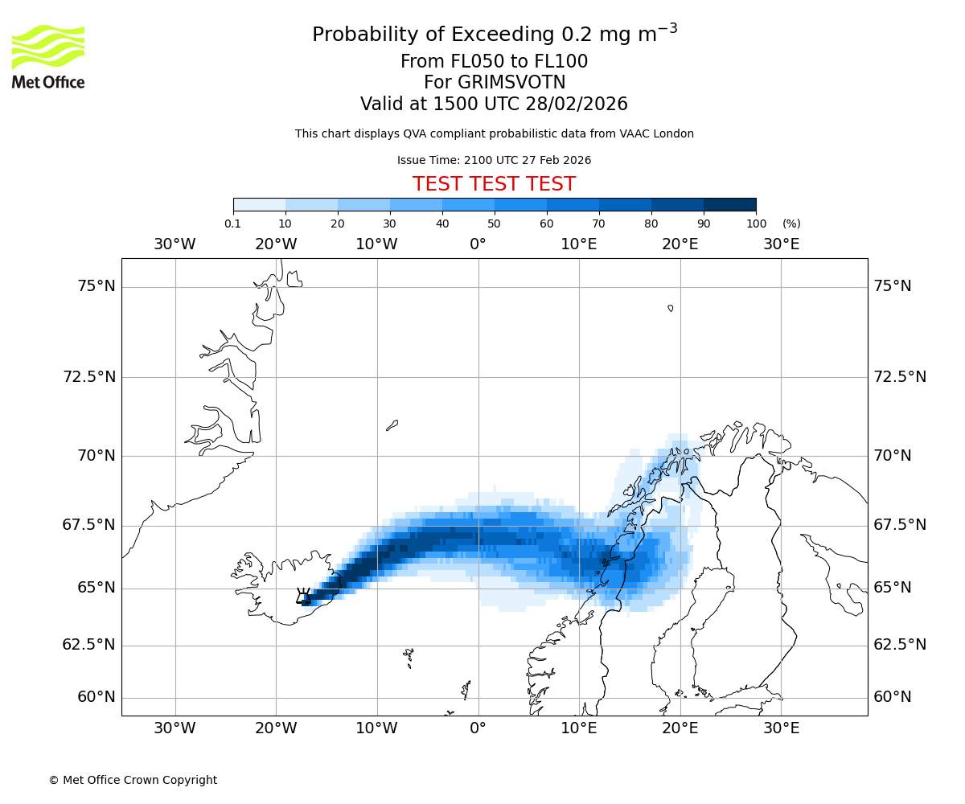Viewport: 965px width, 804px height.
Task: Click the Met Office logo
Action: tap(48, 56)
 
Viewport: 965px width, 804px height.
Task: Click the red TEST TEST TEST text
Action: tap(494, 184)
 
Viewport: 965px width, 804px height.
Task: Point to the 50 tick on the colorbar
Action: tap(495, 224)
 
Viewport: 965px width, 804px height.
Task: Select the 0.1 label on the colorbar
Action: tap(232, 224)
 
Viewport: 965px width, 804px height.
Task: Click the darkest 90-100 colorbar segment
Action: tap(729, 204)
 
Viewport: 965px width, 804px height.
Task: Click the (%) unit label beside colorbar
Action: tap(791, 224)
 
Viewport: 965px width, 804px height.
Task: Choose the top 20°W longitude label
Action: tap(276, 244)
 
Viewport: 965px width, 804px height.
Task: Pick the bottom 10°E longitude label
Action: tap(579, 728)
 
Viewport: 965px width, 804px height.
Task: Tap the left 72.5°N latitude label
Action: tap(89, 376)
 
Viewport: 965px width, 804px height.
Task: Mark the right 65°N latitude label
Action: tap(893, 588)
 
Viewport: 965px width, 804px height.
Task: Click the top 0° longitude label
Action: tap(478, 244)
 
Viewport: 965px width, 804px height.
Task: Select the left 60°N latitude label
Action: tap(96, 697)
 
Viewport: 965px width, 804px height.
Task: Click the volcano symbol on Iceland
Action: tap(303, 596)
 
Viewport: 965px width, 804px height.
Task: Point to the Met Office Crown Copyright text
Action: tap(133, 780)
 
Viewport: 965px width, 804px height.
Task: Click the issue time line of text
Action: tap(494, 160)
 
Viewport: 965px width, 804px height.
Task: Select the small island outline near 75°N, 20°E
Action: tap(671, 308)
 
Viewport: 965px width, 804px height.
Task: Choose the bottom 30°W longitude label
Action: tap(175, 728)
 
